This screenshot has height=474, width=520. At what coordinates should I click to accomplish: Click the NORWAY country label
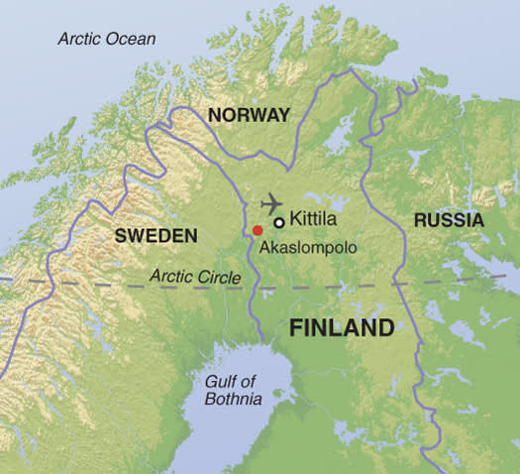(x=249, y=115)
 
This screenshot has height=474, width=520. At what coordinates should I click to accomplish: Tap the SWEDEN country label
(x=156, y=236)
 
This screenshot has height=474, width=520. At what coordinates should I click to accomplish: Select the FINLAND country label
(x=342, y=328)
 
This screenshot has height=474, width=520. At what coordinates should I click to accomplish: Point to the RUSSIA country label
(x=449, y=220)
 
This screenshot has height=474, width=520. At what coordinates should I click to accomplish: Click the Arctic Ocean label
(x=107, y=39)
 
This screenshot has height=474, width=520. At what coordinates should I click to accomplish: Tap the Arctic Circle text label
(x=195, y=277)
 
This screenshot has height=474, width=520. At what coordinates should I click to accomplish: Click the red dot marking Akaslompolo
(x=258, y=230)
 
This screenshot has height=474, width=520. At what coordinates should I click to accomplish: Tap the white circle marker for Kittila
(x=279, y=222)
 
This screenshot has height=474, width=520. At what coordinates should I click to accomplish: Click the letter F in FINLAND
(x=295, y=328)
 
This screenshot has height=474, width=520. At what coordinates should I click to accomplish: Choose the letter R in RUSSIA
(x=420, y=220)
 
